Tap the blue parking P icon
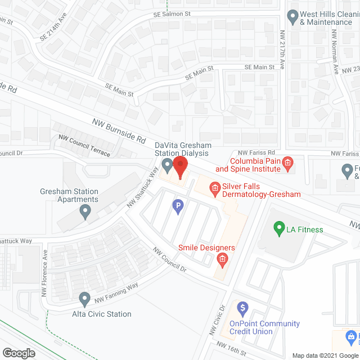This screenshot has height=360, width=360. pos(178,208)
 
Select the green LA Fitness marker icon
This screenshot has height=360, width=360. pos(278,229)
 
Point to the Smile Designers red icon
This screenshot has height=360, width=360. pos(222,259)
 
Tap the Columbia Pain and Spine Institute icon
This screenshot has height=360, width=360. pos(287,164)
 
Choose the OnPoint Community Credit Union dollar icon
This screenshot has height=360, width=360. pos(243,308)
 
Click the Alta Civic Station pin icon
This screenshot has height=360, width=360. pos(85,298)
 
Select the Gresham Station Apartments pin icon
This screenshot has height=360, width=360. pos(85,211)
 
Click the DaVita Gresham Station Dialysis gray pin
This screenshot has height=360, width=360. pos(167,165)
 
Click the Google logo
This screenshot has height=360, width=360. pos(19,353)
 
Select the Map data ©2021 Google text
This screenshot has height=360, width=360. pos(325,355)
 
